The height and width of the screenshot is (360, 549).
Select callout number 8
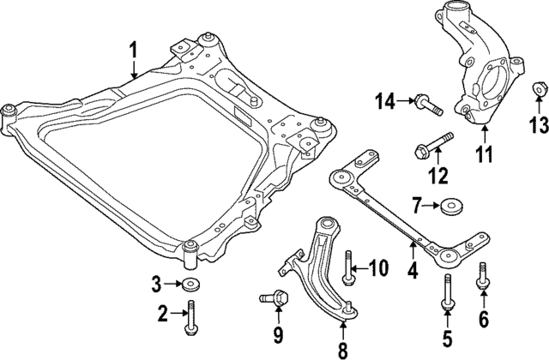(343, 349)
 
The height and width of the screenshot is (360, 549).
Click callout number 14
(385, 103)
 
